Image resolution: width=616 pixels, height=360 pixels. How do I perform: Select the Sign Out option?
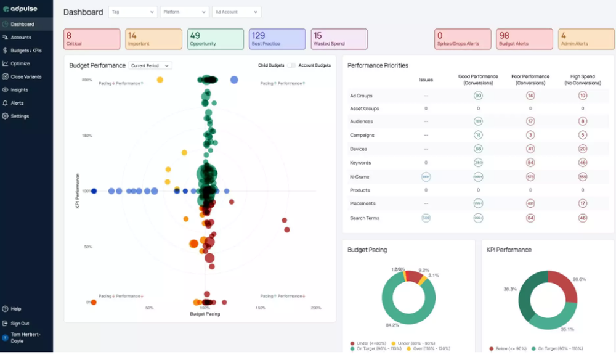(x=20, y=323)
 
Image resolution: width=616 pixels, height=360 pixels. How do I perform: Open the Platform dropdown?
(x=184, y=12)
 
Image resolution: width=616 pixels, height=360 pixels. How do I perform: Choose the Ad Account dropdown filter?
(x=236, y=12)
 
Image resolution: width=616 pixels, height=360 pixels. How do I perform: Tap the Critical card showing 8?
(x=92, y=39)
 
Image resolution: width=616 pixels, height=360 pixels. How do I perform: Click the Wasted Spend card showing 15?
(x=339, y=39)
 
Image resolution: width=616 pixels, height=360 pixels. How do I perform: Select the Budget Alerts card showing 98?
(x=524, y=39)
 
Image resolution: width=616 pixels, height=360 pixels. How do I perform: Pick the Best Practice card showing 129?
(x=277, y=39)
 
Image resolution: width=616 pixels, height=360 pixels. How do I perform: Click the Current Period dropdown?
(x=150, y=65)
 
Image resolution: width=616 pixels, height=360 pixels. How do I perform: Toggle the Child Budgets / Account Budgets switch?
(x=291, y=65)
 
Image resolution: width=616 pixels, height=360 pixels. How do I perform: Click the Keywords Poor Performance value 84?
(x=530, y=163)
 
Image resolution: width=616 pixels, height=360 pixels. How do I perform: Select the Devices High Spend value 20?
(x=582, y=149)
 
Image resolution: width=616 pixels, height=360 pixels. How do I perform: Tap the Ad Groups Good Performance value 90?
(x=478, y=96)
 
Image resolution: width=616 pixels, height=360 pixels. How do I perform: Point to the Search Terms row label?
(x=365, y=218)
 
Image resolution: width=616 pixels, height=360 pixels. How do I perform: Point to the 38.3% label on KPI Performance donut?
(x=509, y=288)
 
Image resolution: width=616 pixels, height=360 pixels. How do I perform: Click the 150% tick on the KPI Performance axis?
(x=87, y=136)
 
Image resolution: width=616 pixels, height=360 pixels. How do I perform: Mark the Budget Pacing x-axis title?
(x=205, y=314)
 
